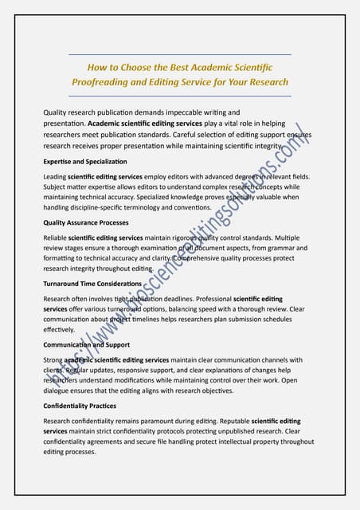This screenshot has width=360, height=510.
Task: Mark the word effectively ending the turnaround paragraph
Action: pyautogui.click(x=59, y=329)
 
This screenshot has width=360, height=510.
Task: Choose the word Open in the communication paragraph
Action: pyautogui.click(x=293, y=380)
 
